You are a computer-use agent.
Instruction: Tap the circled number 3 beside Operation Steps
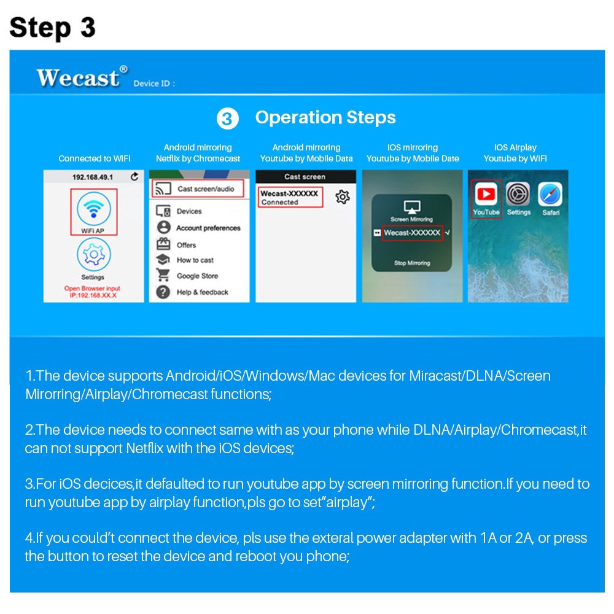tap(228, 119)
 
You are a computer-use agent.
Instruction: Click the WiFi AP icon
tap(93, 208)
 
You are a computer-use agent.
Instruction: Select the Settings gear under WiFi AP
tap(93, 254)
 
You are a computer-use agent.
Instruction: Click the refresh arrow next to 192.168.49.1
tap(134, 177)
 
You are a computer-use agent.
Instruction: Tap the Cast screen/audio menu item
tap(197, 189)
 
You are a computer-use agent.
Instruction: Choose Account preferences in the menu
tap(208, 228)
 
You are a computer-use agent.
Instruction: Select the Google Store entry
tap(196, 276)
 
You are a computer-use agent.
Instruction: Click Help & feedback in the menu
tap(201, 292)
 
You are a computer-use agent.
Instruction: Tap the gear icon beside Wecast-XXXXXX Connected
tap(343, 197)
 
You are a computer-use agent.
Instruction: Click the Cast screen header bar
tap(305, 177)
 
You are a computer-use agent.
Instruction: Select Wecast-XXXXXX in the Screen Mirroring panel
tap(412, 233)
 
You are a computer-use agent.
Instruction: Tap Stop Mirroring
tap(412, 263)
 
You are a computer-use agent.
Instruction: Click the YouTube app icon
tap(486, 195)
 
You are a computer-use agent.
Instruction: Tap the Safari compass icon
tap(550, 195)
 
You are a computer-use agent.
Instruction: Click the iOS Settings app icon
tap(518, 195)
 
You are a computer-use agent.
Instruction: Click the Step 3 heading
tap(53, 27)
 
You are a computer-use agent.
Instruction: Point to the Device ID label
tap(153, 84)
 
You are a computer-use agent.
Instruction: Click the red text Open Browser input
tap(93, 289)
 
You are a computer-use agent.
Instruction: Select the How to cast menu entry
tap(195, 260)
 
